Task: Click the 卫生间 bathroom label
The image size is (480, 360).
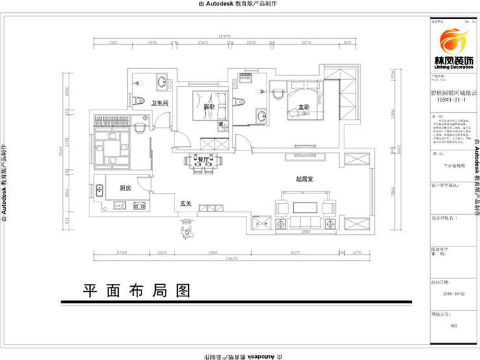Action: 160,103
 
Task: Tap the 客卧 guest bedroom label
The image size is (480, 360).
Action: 209,106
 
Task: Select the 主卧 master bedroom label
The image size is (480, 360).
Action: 304,107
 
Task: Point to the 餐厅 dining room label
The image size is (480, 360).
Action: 202,159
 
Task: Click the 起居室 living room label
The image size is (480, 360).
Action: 305,179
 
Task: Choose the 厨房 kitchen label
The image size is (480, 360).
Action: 126,187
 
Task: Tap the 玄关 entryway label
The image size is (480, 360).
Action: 185,204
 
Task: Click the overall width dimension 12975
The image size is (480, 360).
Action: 224,36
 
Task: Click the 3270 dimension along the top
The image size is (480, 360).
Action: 306,43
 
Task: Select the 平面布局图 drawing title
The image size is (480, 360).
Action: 136,289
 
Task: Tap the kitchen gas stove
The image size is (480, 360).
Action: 138,206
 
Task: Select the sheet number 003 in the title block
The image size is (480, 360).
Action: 453,326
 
